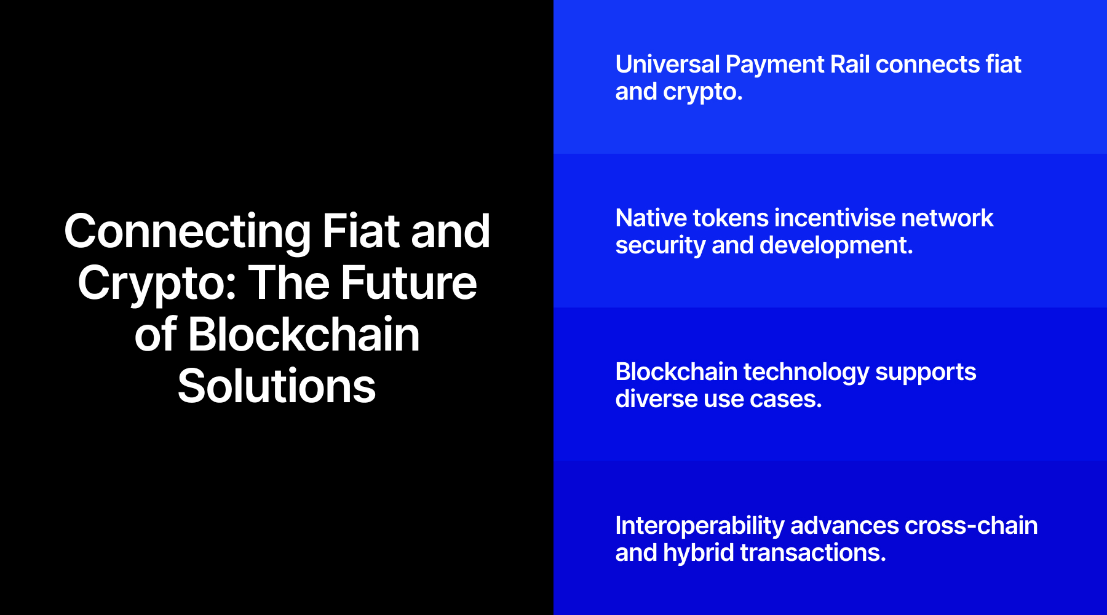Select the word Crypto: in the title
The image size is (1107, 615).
[157, 284]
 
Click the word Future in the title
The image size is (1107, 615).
[408, 283]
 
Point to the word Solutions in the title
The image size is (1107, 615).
[277, 386]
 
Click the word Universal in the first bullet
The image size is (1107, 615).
[667, 65]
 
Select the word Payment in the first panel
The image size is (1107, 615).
[775, 65]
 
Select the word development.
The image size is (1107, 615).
[836, 245]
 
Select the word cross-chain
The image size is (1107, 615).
[971, 526]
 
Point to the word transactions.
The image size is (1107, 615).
[813, 553]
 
